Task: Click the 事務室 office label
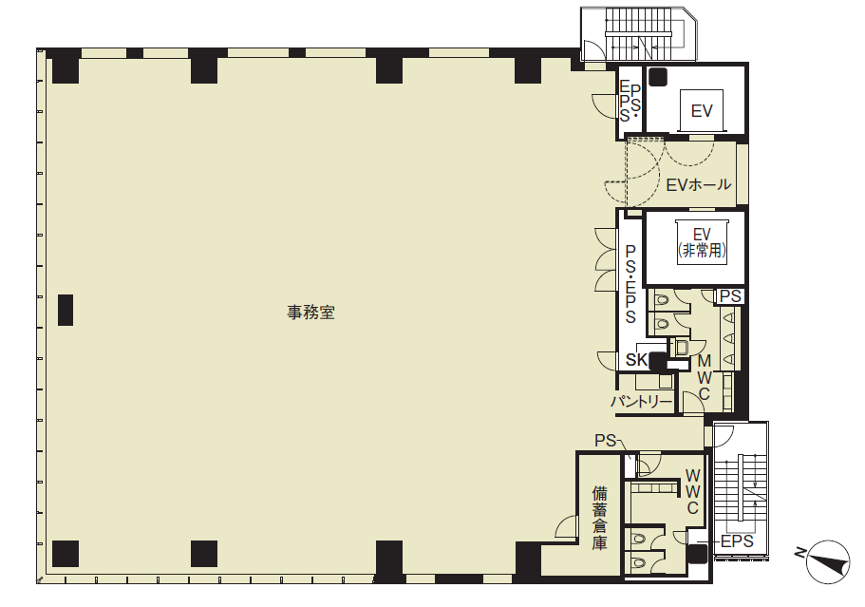[x=310, y=313]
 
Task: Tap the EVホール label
[x=699, y=184]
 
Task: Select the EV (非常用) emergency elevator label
[x=702, y=243]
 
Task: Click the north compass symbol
[x=826, y=561]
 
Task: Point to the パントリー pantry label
[x=642, y=401]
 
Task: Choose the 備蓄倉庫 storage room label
[x=600, y=518]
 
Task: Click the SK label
[x=636, y=360]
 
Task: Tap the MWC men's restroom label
[x=705, y=377]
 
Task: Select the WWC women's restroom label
[x=693, y=491]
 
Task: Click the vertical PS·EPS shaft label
[x=630, y=284]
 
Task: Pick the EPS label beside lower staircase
[x=737, y=541]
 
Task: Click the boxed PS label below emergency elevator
[x=730, y=296]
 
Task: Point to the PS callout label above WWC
[x=605, y=441]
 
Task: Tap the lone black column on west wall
[x=66, y=310]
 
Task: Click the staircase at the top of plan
[x=640, y=34]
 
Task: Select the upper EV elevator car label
[x=702, y=111]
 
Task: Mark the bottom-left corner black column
[x=66, y=554]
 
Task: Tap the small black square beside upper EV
[x=658, y=77]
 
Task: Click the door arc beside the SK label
[x=607, y=360]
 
